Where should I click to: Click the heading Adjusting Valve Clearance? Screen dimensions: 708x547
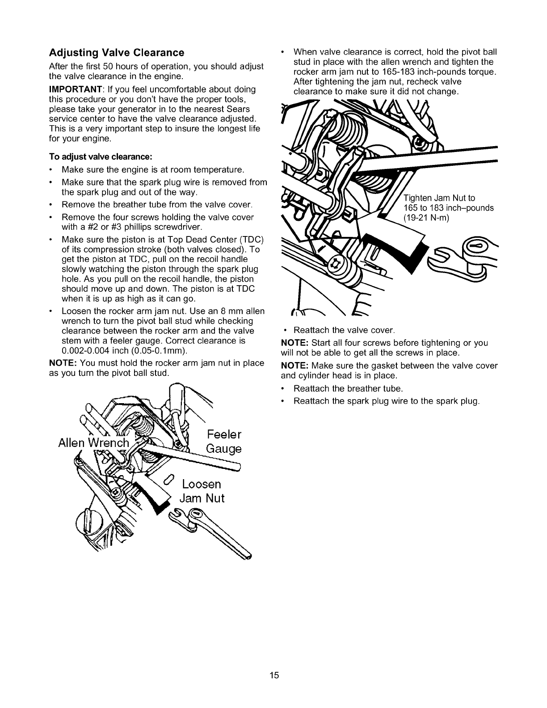point(116,53)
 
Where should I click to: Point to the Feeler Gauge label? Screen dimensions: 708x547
point(224,442)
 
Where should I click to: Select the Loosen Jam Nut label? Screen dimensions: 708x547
point(201,491)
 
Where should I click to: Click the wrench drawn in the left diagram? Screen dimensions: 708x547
point(210,534)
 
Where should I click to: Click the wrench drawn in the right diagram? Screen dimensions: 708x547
point(465,261)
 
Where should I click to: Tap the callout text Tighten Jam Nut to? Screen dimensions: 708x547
point(439,198)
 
